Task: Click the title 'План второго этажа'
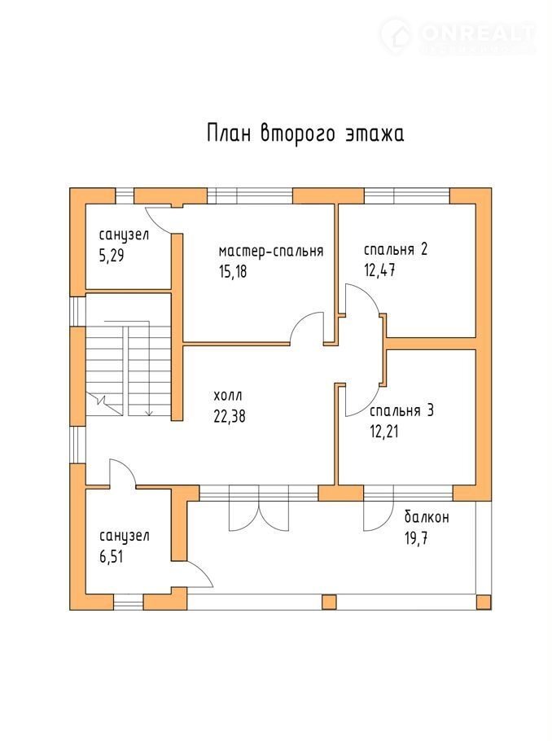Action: tap(305, 134)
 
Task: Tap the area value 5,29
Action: tap(112, 256)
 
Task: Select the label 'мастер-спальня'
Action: tap(271, 251)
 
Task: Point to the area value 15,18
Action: tap(233, 272)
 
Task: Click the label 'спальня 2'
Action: tap(396, 249)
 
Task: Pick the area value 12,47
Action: tap(379, 270)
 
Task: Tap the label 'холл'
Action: tap(228, 396)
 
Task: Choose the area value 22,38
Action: tap(230, 416)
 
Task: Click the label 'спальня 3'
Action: tap(401, 410)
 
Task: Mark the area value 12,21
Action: tap(383, 432)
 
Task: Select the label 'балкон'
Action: tap(427, 517)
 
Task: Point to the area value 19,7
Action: tap(416, 537)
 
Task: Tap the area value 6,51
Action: tap(112, 557)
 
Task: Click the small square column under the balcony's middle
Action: tap(329, 602)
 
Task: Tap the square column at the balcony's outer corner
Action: tap(484, 602)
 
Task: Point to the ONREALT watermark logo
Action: tap(457, 33)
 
